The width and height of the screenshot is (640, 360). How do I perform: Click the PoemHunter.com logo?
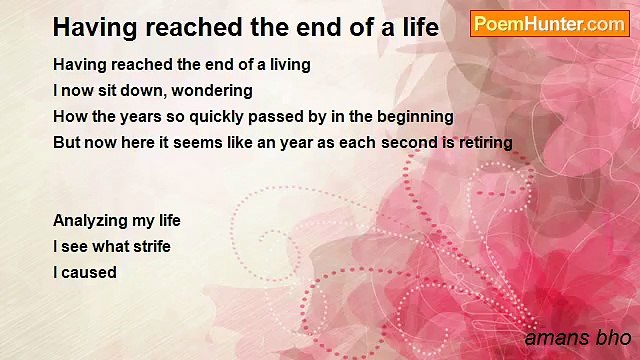[550, 24]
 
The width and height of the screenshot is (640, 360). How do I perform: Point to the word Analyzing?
[89, 221]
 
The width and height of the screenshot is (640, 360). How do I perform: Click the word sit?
[107, 90]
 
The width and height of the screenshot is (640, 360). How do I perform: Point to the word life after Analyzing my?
[165, 221]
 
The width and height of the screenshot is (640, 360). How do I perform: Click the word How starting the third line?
[69, 116]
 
